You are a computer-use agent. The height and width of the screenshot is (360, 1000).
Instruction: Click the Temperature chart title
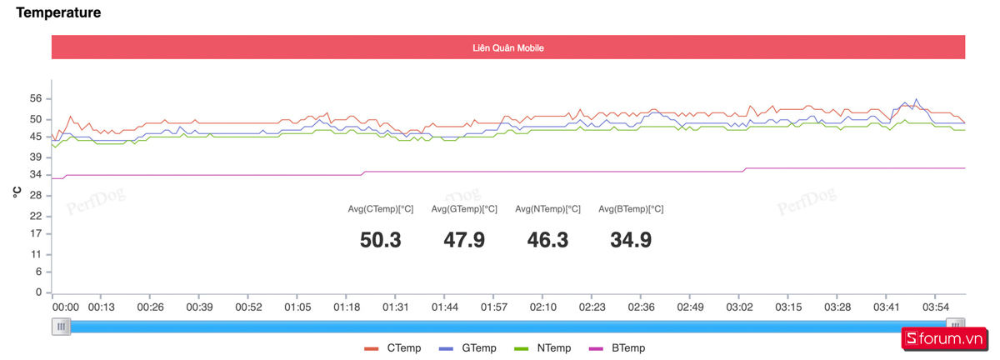[58, 12]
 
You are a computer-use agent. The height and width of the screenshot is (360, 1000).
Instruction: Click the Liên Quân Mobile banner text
[508, 48]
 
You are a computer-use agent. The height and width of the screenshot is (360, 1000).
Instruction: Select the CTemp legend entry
[392, 348]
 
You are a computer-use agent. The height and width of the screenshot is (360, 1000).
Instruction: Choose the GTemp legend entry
[467, 348]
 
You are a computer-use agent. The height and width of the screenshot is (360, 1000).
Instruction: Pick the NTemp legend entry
[542, 348]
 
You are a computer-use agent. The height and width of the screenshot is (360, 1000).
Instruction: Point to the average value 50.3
[381, 240]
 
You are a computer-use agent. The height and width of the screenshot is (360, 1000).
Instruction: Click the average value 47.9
[464, 240]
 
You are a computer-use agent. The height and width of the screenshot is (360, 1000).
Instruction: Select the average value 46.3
[547, 240]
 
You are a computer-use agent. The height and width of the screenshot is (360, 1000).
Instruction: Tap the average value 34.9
[631, 240]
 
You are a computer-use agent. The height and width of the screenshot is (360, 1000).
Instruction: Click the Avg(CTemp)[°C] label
[381, 209]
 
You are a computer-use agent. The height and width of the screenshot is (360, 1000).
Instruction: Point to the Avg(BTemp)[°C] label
[631, 209]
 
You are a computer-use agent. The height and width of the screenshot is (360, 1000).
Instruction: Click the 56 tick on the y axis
[35, 98]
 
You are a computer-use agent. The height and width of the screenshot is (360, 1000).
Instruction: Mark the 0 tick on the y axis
[38, 292]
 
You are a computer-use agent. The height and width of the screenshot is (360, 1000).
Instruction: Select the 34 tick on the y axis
[35, 174]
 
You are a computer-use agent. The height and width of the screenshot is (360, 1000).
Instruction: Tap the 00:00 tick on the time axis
[65, 307]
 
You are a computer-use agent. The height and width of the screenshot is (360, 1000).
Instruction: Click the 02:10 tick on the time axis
[543, 307]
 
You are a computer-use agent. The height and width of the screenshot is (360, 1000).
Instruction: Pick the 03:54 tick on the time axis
[935, 307]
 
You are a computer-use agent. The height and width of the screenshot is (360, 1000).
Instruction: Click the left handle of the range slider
[61, 326]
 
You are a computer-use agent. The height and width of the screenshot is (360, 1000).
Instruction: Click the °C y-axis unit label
[16, 192]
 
